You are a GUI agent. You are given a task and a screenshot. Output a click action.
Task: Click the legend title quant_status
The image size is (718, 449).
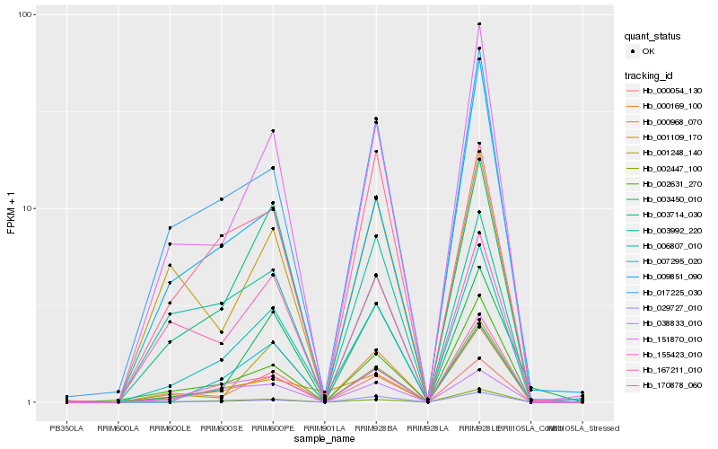click(659, 36)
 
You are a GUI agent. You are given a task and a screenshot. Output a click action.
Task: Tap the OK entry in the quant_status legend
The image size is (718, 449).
click(648, 51)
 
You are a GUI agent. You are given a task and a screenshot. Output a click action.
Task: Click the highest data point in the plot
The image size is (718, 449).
click(479, 24)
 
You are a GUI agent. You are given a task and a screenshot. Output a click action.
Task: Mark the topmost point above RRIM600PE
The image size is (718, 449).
click(273, 131)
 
